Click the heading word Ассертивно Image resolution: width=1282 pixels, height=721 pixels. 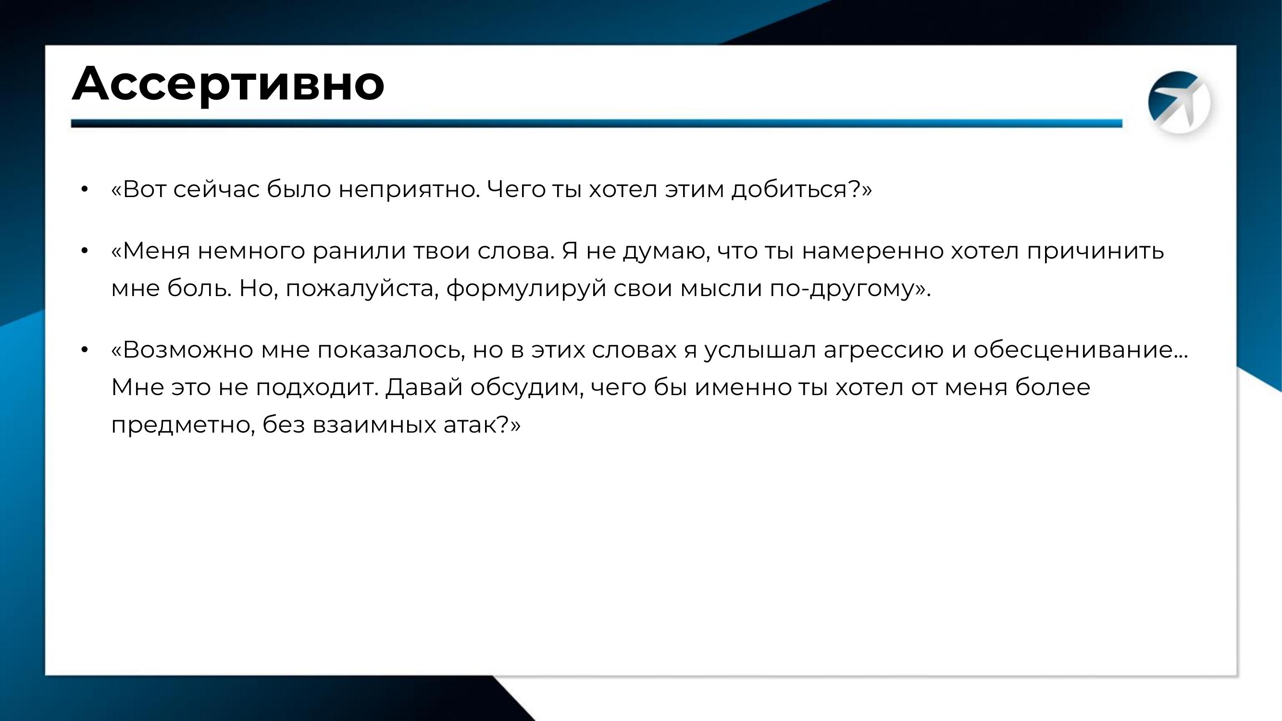click(228, 84)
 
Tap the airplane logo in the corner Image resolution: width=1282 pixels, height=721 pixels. click(1179, 102)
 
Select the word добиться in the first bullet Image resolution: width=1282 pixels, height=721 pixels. click(788, 189)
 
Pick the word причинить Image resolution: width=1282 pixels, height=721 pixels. click(1095, 251)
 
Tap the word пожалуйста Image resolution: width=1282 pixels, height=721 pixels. click(362, 289)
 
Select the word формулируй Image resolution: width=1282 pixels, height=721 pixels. click(526, 289)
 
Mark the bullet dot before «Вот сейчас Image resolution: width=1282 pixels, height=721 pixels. click(84, 189)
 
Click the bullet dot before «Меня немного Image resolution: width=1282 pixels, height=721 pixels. click(84, 251)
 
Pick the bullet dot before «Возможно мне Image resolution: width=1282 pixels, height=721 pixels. click(84, 350)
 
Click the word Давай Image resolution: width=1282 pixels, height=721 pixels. click(424, 387)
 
